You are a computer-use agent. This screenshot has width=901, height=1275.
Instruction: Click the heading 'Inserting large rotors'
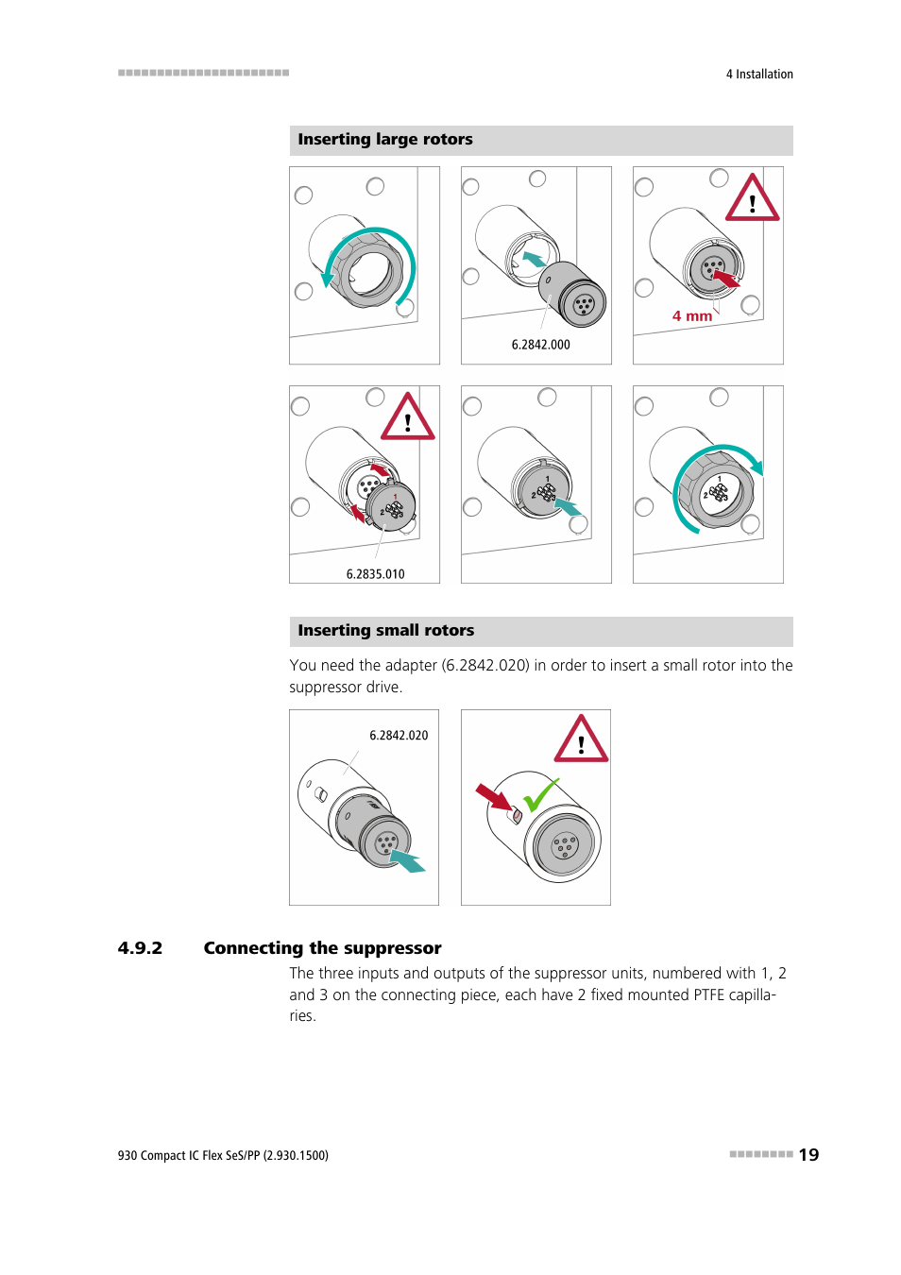[x=385, y=140]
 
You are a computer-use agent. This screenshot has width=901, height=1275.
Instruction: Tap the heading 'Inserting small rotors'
[x=386, y=631]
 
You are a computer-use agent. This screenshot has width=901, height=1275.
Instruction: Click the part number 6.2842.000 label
[x=540, y=346]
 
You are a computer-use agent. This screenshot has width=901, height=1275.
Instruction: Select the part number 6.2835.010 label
[x=375, y=574]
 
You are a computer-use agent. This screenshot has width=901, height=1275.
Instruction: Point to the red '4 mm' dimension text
[x=692, y=316]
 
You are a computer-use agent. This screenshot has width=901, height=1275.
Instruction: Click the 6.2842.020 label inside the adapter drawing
[x=399, y=736]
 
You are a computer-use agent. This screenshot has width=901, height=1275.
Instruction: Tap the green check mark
[x=540, y=795]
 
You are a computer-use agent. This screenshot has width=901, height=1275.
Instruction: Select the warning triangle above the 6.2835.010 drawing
[x=407, y=418]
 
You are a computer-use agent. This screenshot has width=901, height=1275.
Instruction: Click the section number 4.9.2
[x=140, y=948]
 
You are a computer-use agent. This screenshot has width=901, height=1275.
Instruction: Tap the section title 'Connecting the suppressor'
[x=322, y=948]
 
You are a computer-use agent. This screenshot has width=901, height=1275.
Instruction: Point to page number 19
[x=808, y=1155]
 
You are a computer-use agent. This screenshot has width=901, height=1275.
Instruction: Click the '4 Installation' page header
[x=759, y=75]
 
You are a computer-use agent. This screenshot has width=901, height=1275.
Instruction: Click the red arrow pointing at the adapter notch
[x=493, y=797]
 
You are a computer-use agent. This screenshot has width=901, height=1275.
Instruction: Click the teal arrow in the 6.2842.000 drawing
[x=534, y=259]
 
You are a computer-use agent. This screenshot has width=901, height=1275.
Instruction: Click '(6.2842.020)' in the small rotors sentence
[x=485, y=666]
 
